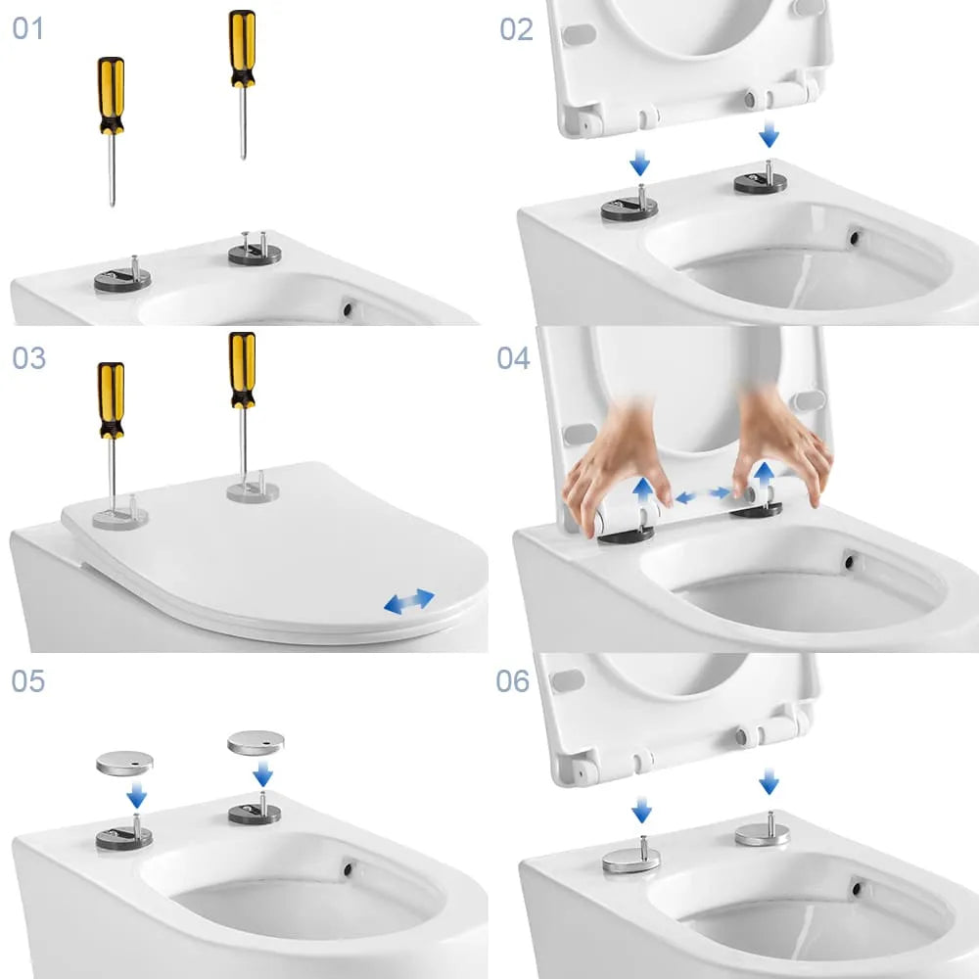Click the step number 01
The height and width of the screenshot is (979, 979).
28,28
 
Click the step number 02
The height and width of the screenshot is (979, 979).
516,29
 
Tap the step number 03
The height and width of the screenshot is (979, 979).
28,357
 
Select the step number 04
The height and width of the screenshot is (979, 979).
513,357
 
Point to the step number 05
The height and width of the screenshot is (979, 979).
28,680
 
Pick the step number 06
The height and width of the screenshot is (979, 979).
513,680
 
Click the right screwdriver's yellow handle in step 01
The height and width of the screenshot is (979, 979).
242,48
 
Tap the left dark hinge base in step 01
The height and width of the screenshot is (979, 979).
123,279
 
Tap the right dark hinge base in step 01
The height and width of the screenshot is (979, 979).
255,253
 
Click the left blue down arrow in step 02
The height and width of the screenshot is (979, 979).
639,163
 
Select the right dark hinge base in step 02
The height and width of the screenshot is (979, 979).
760,182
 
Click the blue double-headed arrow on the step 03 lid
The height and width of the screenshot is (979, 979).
409,601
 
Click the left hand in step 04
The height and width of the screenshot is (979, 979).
615,468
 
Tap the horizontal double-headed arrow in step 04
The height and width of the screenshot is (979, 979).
703,495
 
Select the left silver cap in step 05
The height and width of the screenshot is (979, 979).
125,763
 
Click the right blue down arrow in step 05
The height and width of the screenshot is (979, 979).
262,773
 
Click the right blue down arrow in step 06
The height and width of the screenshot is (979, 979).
769,781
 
